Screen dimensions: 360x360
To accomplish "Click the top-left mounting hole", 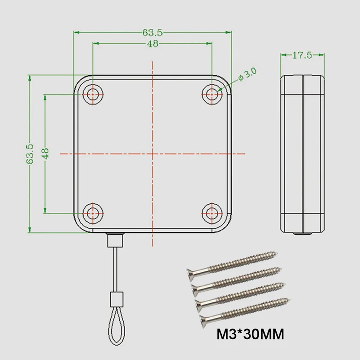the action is (93, 94).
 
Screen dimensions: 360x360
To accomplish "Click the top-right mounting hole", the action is (211, 94).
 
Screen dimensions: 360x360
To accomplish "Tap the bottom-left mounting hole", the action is (93, 213).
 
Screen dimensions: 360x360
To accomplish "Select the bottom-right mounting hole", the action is (211, 213).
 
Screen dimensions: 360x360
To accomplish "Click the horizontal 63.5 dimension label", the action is (153, 32).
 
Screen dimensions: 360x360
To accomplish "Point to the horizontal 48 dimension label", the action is (153, 44).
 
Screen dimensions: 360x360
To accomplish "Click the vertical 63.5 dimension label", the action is (30, 154).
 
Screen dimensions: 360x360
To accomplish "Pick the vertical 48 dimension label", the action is (45, 153).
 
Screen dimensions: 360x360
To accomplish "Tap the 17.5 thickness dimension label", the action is (302, 55).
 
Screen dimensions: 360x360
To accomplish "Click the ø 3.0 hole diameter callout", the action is (247, 74).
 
